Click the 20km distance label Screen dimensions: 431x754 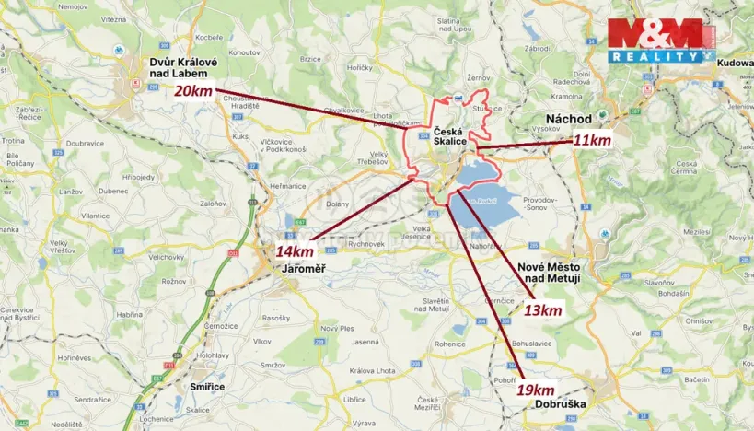pos(194,91)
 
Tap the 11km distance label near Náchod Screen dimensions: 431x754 pos(591,141)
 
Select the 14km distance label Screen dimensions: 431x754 pos(295,251)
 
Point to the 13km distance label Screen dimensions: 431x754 pos(542,310)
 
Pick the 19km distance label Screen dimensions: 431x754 pos(535,389)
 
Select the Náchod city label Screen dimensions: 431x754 pos(568,120)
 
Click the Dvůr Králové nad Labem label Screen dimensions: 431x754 pos(183,68)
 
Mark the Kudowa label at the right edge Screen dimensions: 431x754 pos(733,62)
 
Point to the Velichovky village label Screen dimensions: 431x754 pos(167,257)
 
